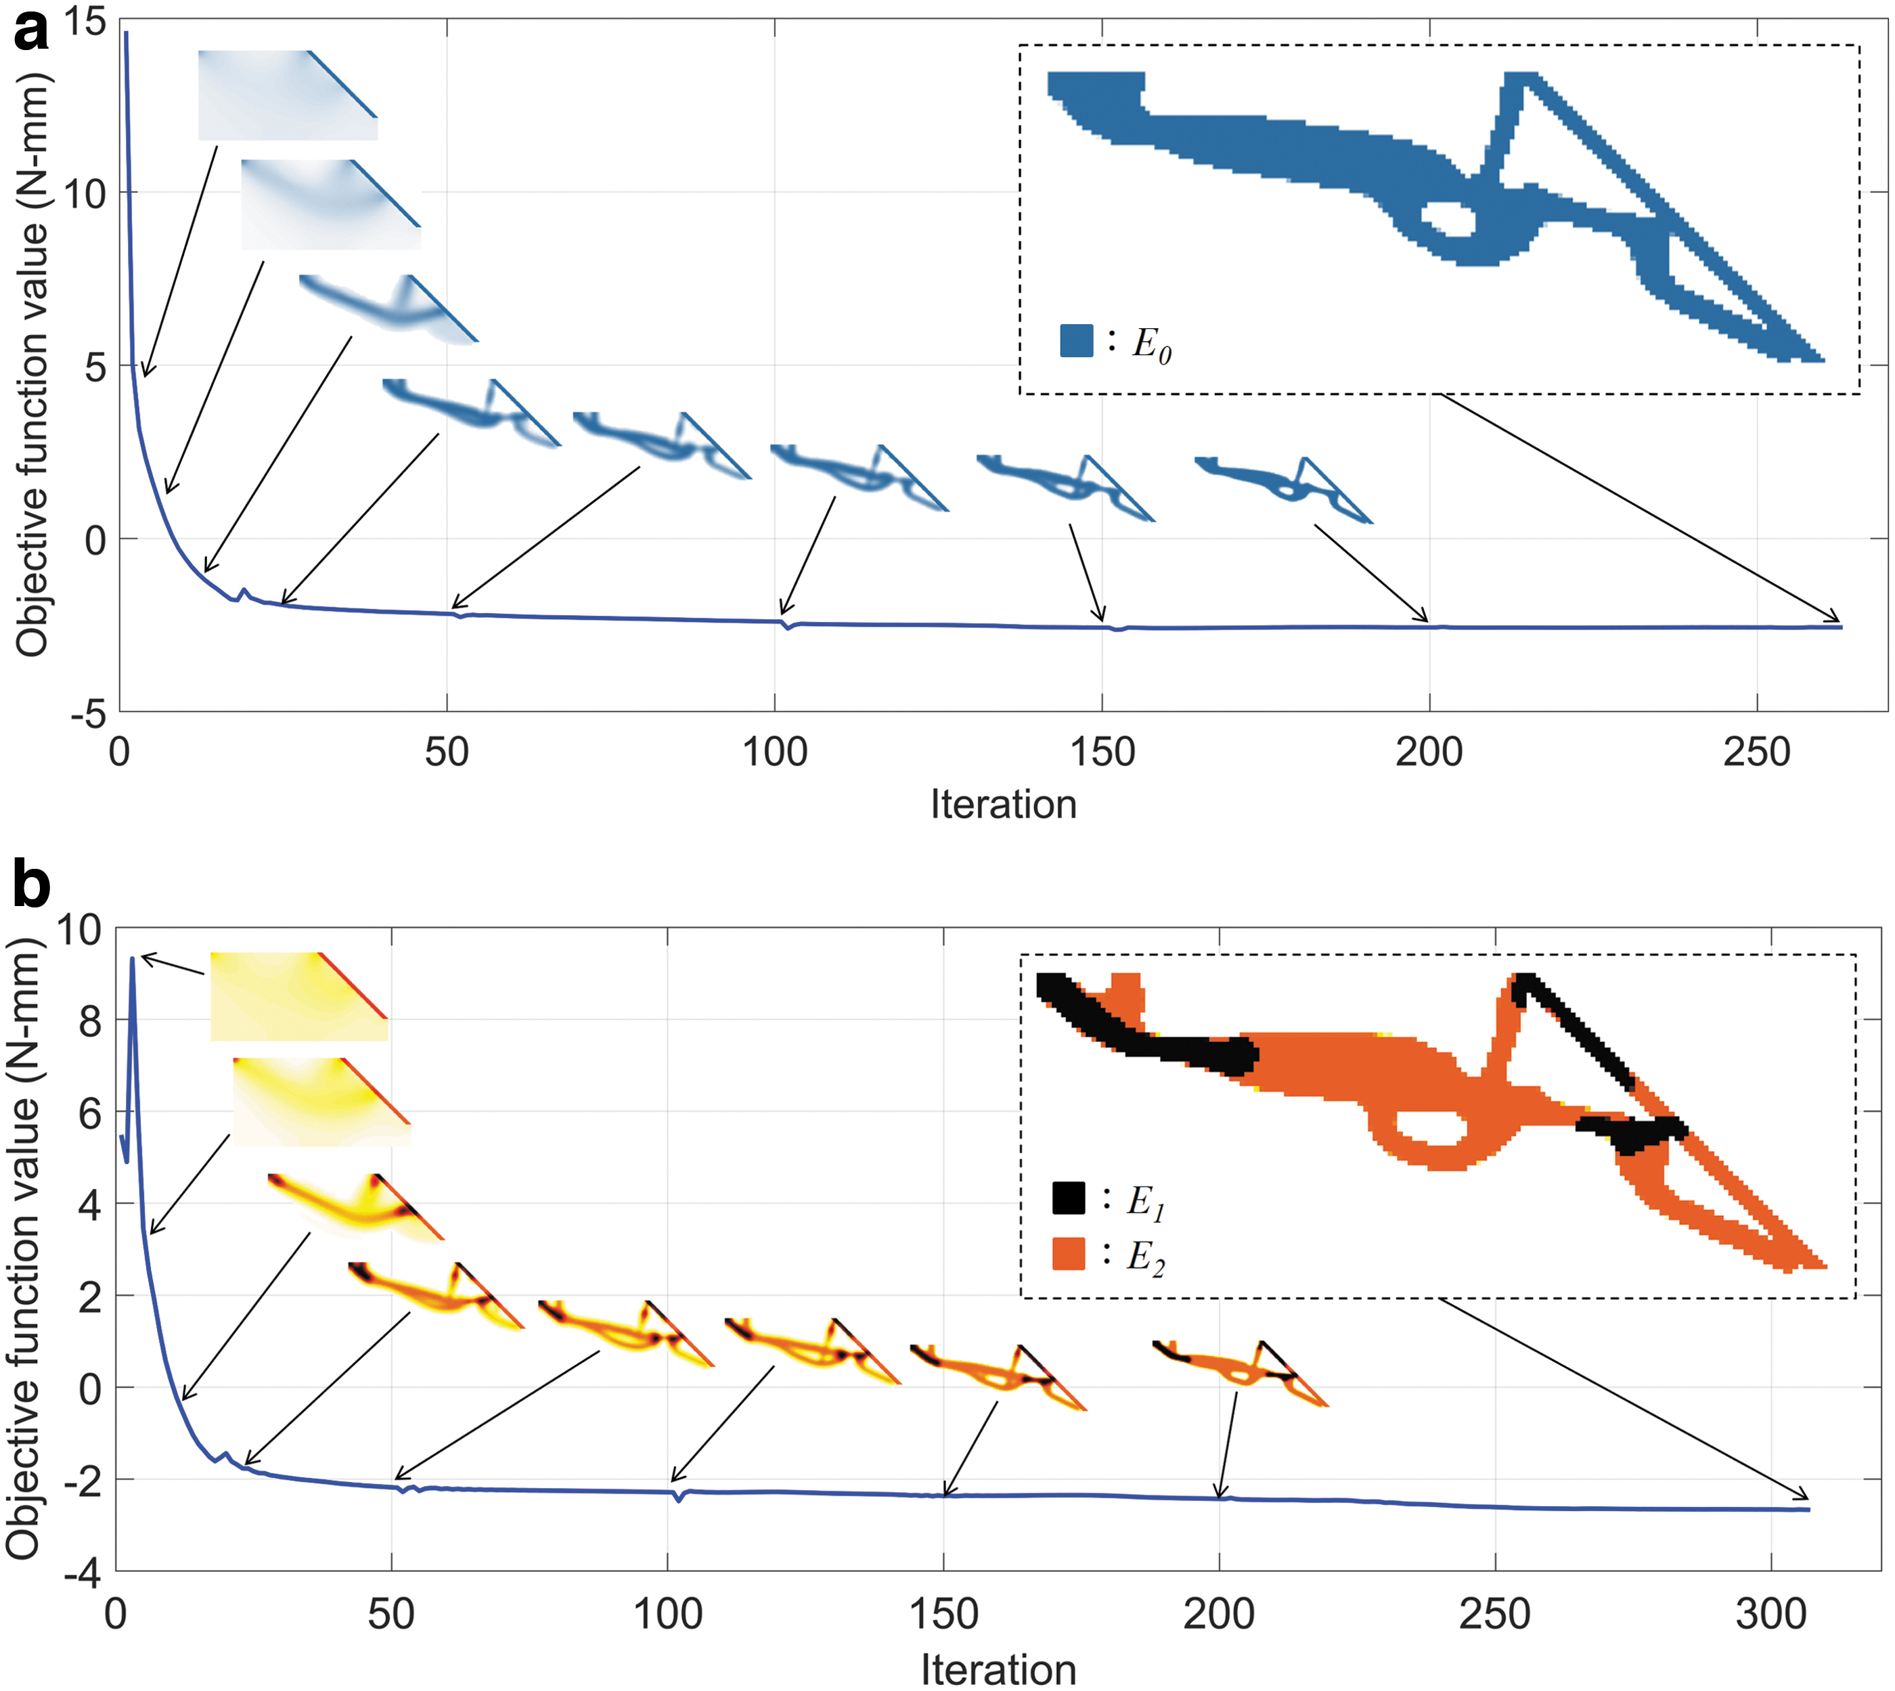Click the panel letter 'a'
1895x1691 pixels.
(x=30, y=30)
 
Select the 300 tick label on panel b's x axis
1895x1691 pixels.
(x=1771, y=1614)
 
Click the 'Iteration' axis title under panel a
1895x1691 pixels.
(x=1004, y=805)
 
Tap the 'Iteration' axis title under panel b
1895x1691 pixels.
(x=998, y=1669)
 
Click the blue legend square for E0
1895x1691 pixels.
(x=1076, y=340)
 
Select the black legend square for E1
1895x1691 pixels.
(x=1069, y=1198)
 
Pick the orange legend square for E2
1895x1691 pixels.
(x=1069, y=1253)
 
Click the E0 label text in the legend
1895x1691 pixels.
(x=1151, y=344)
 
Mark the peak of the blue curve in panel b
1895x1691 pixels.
(x=133, y=958)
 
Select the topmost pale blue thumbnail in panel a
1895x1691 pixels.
(x=288, y=95)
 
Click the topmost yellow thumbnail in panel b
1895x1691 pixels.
(x=299, y=997)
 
